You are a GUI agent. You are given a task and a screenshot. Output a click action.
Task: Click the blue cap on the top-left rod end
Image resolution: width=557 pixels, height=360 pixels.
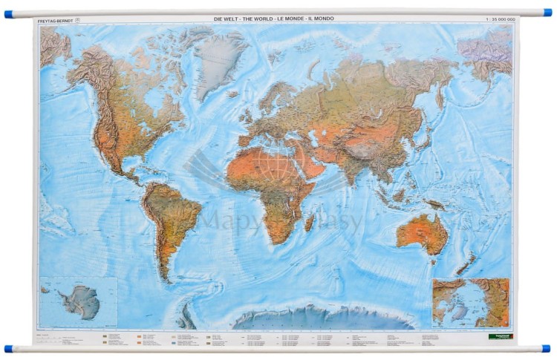coord(8,14)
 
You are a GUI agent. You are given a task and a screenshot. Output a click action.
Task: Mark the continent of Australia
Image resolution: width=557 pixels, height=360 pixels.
coord(422,232)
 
